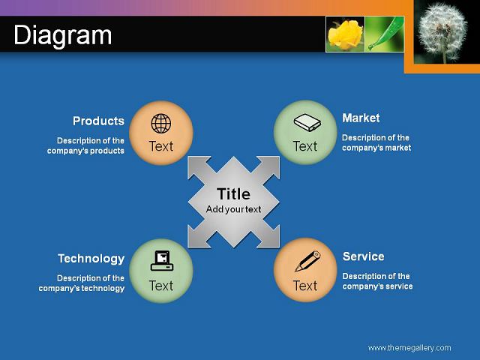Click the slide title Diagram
point(63,36)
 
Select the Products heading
point(98,121)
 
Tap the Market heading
point(361,118)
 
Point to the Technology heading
point(91,259)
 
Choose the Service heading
point(363,256)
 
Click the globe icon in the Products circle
point(161,124)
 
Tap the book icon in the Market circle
point(307,123)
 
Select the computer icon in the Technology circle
point(162,260)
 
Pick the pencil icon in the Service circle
point(307,261)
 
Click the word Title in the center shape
point(233,194)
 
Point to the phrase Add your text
point(233,209)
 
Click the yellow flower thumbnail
point(345,34)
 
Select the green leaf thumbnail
point(385,34)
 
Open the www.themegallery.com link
point(409,348)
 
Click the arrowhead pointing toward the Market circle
point(269,166)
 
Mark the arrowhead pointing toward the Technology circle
point(198,237)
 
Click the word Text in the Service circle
point(305,286)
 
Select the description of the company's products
point(85,145)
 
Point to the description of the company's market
point(376,142)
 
